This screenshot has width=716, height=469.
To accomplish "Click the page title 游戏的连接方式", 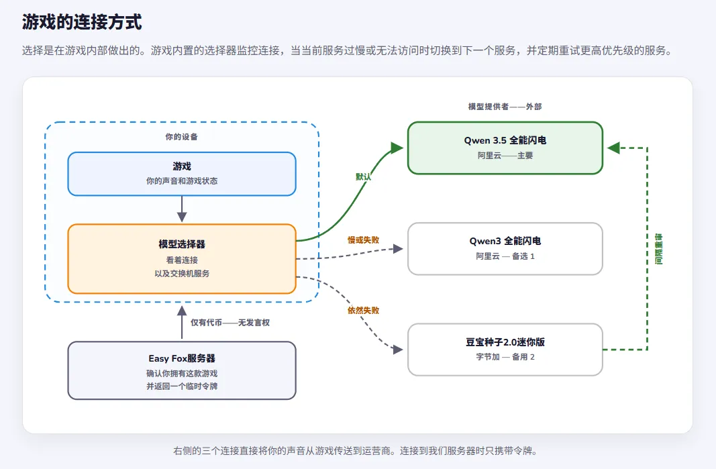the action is tap(82, 22).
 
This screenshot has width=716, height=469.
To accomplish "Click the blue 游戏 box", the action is tap(182, 174).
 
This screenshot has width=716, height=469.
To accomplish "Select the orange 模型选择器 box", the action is tap(182, 258).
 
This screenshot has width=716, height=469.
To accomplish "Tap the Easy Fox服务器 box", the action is tap(182, 370).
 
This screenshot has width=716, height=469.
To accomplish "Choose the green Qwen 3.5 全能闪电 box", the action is tap(505, 148).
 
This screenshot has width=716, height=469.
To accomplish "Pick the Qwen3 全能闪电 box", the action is tap(505, 249).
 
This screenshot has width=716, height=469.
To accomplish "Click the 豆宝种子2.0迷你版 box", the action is tap(505, 350).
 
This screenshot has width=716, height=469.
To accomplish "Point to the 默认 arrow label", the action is tap(364, 176).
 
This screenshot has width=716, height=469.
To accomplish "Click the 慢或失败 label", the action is tap(364, 240).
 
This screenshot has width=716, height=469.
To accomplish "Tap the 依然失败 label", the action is tap(364, 311).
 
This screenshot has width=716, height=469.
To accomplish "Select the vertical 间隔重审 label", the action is tap(658, 249).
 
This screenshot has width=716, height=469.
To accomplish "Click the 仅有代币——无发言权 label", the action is tap(230, 323).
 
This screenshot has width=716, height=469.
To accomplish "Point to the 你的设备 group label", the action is tap(182, 137).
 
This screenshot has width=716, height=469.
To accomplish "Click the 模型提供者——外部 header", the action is tap(505, 107).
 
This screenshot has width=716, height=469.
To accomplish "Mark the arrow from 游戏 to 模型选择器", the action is tap(182, 209).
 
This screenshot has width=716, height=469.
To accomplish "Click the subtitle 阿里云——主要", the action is tap(505, 155).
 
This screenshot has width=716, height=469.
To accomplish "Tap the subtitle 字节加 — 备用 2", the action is tap(505, 357).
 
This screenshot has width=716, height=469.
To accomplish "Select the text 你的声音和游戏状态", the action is tap(182, 181).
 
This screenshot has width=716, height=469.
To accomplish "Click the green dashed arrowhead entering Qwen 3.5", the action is tap(613, 148).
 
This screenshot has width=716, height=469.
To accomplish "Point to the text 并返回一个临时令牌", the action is tap(182, 386).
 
